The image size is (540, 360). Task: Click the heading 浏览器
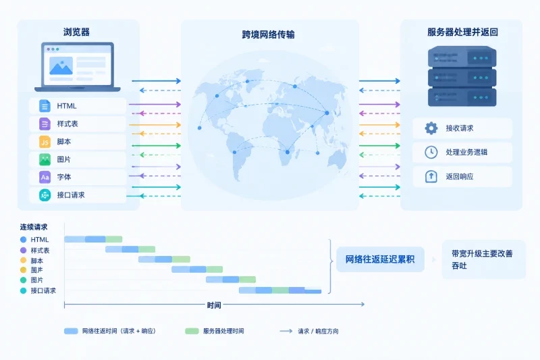click(76, 32)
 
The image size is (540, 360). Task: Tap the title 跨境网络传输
click(268, 34)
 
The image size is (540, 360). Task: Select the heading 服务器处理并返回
click(462, 32)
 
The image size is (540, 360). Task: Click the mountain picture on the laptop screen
click(61, 66)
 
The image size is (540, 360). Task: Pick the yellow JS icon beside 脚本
click(45, 142)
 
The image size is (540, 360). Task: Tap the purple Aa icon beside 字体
click(45, 177)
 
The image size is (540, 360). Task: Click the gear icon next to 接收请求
click(431, 128)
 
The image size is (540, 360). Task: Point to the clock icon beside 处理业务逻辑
click(431, 152)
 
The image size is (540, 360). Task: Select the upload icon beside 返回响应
click(431, 176)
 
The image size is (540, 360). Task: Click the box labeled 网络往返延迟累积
click(380, 259)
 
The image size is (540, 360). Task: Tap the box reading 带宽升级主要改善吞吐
click(483, 259)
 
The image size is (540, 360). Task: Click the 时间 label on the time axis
click(214, 305)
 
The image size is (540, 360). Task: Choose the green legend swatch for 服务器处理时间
click(192, 331)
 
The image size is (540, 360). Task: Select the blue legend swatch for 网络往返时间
click(71, 331)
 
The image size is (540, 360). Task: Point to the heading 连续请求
click(34, 227)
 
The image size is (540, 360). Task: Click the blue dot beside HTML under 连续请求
click(24, 239)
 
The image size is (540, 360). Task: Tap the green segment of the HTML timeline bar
click(113, 239)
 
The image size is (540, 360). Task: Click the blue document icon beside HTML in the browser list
click(45, 106)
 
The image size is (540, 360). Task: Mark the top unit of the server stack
click(462, 57)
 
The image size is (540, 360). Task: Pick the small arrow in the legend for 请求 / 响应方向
click(286, 331)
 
